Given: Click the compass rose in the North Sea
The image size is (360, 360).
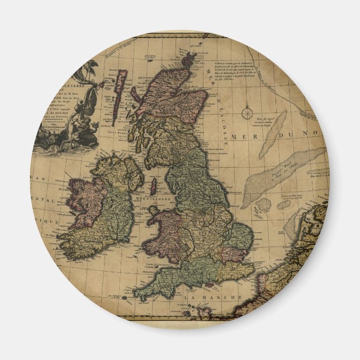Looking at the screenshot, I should click(x=247, y=113).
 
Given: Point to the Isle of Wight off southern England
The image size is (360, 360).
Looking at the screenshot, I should click(x=210, y=282).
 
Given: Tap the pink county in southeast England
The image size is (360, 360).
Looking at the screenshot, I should click(x=229, y=254).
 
